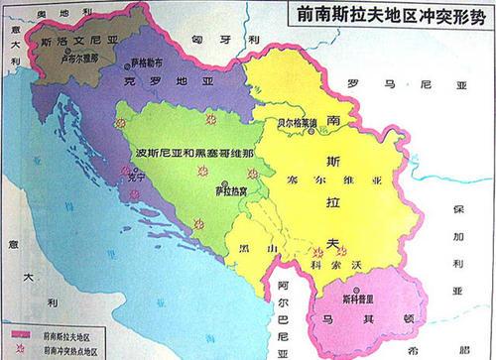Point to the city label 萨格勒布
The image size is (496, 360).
click(x=145, y=60)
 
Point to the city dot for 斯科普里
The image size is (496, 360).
click(x=357, y=289)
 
